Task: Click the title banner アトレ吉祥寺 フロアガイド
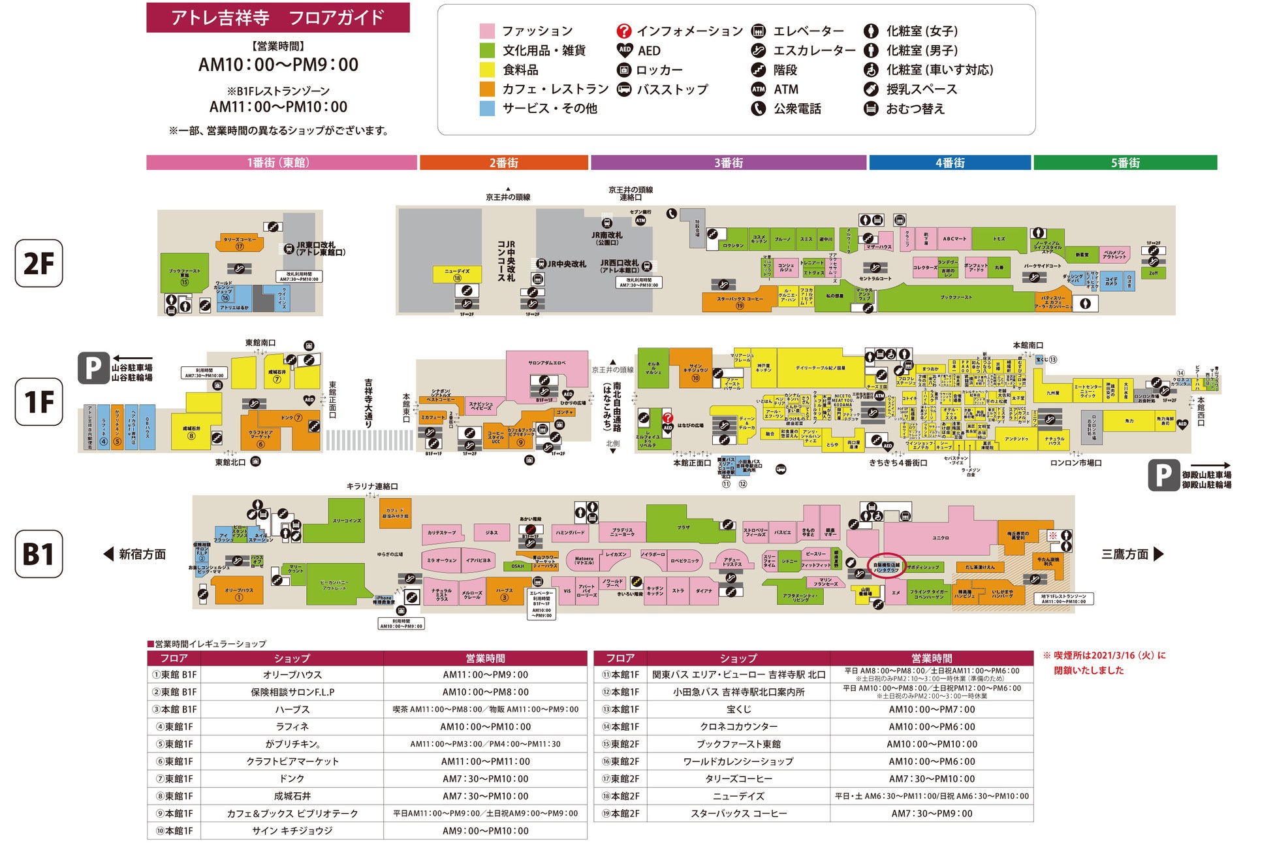tap(277, 18)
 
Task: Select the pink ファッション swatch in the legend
tap(487, 31)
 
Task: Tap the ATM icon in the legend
tap(758, 89)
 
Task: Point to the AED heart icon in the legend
tap(624, 50)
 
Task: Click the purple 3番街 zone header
tap(729, 163)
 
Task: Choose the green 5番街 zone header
tap(1125, 163)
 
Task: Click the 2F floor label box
tap(39, 263)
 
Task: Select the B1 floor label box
tap(39, 554)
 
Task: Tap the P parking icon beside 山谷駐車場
tap(93, 368)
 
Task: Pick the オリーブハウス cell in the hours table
tap(292, 675)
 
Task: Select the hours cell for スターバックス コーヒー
tap(932, 814)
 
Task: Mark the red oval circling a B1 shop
tap(886, 567)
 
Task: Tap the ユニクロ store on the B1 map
tap(940, 537)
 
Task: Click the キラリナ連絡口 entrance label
tap(371, 487)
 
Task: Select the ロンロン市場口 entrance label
tap(1075, 463)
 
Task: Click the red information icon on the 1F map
tap(667, 418)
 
